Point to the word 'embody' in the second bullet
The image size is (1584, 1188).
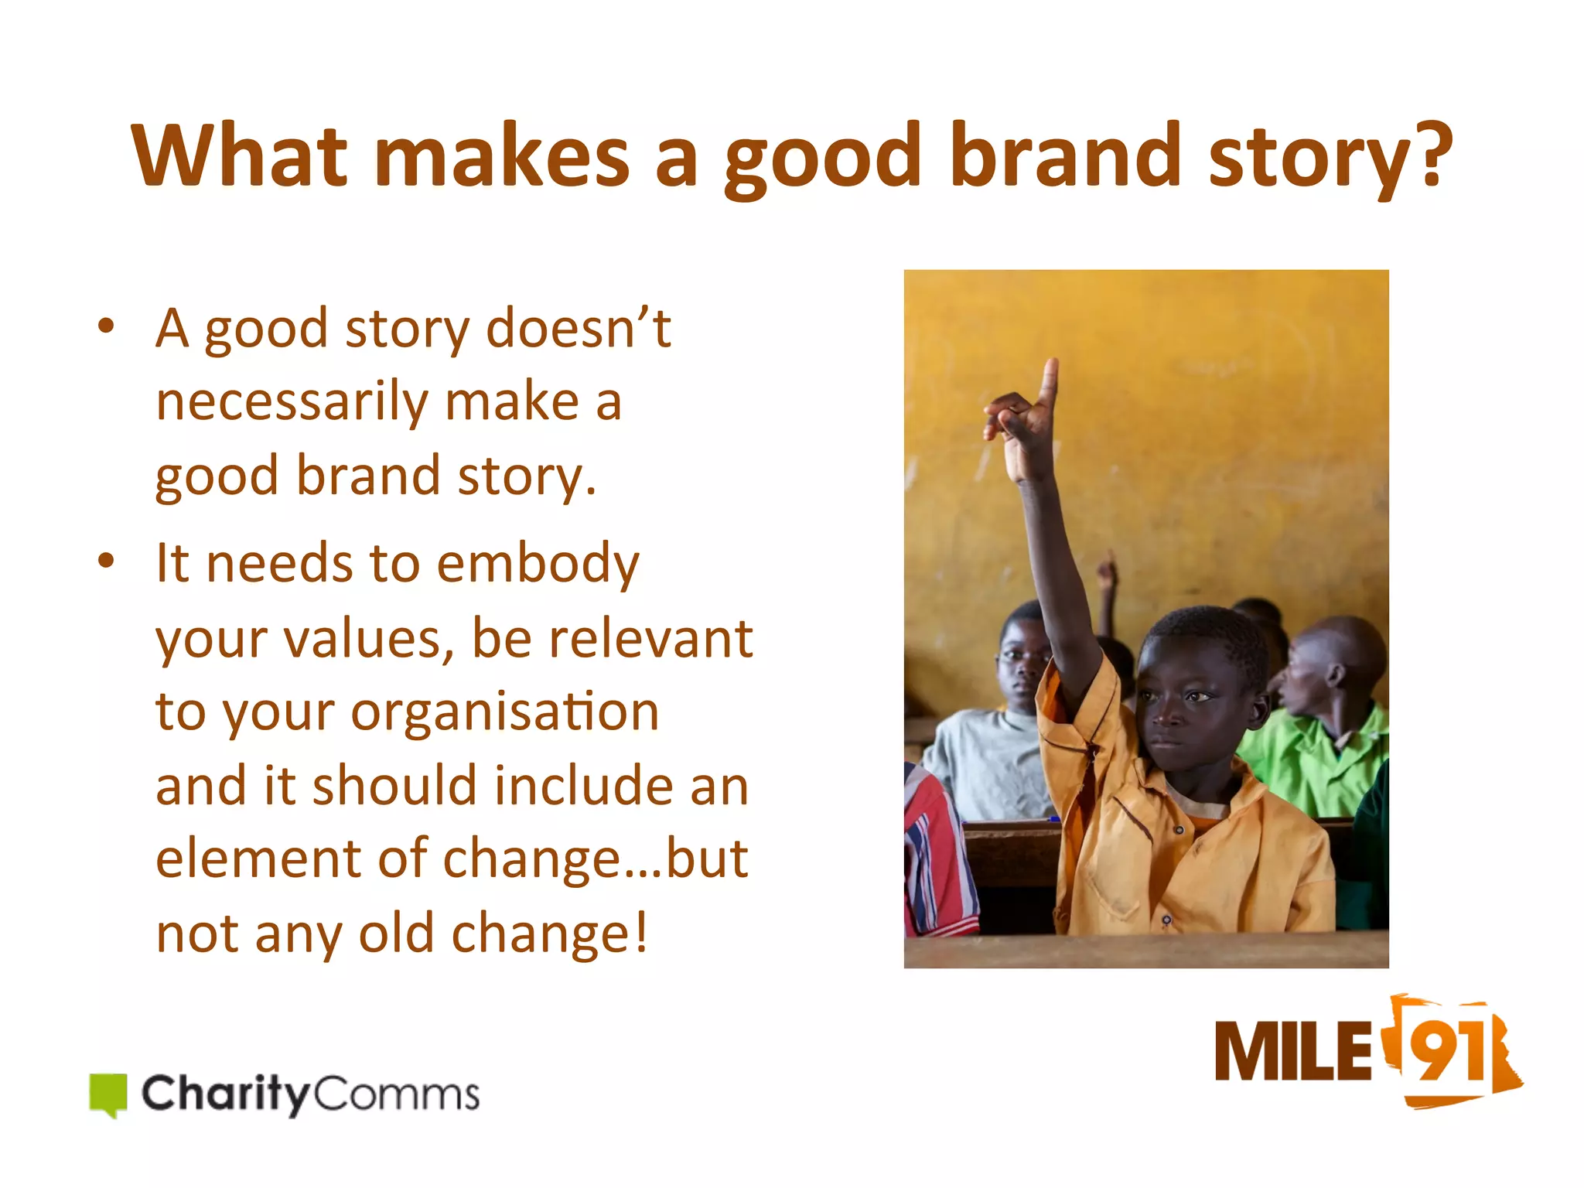pos(538,565)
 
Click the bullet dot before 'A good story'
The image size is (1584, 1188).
pos(107,325)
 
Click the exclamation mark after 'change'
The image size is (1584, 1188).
pos(641,932)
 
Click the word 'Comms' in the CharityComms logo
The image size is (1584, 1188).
pos(396,1094)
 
